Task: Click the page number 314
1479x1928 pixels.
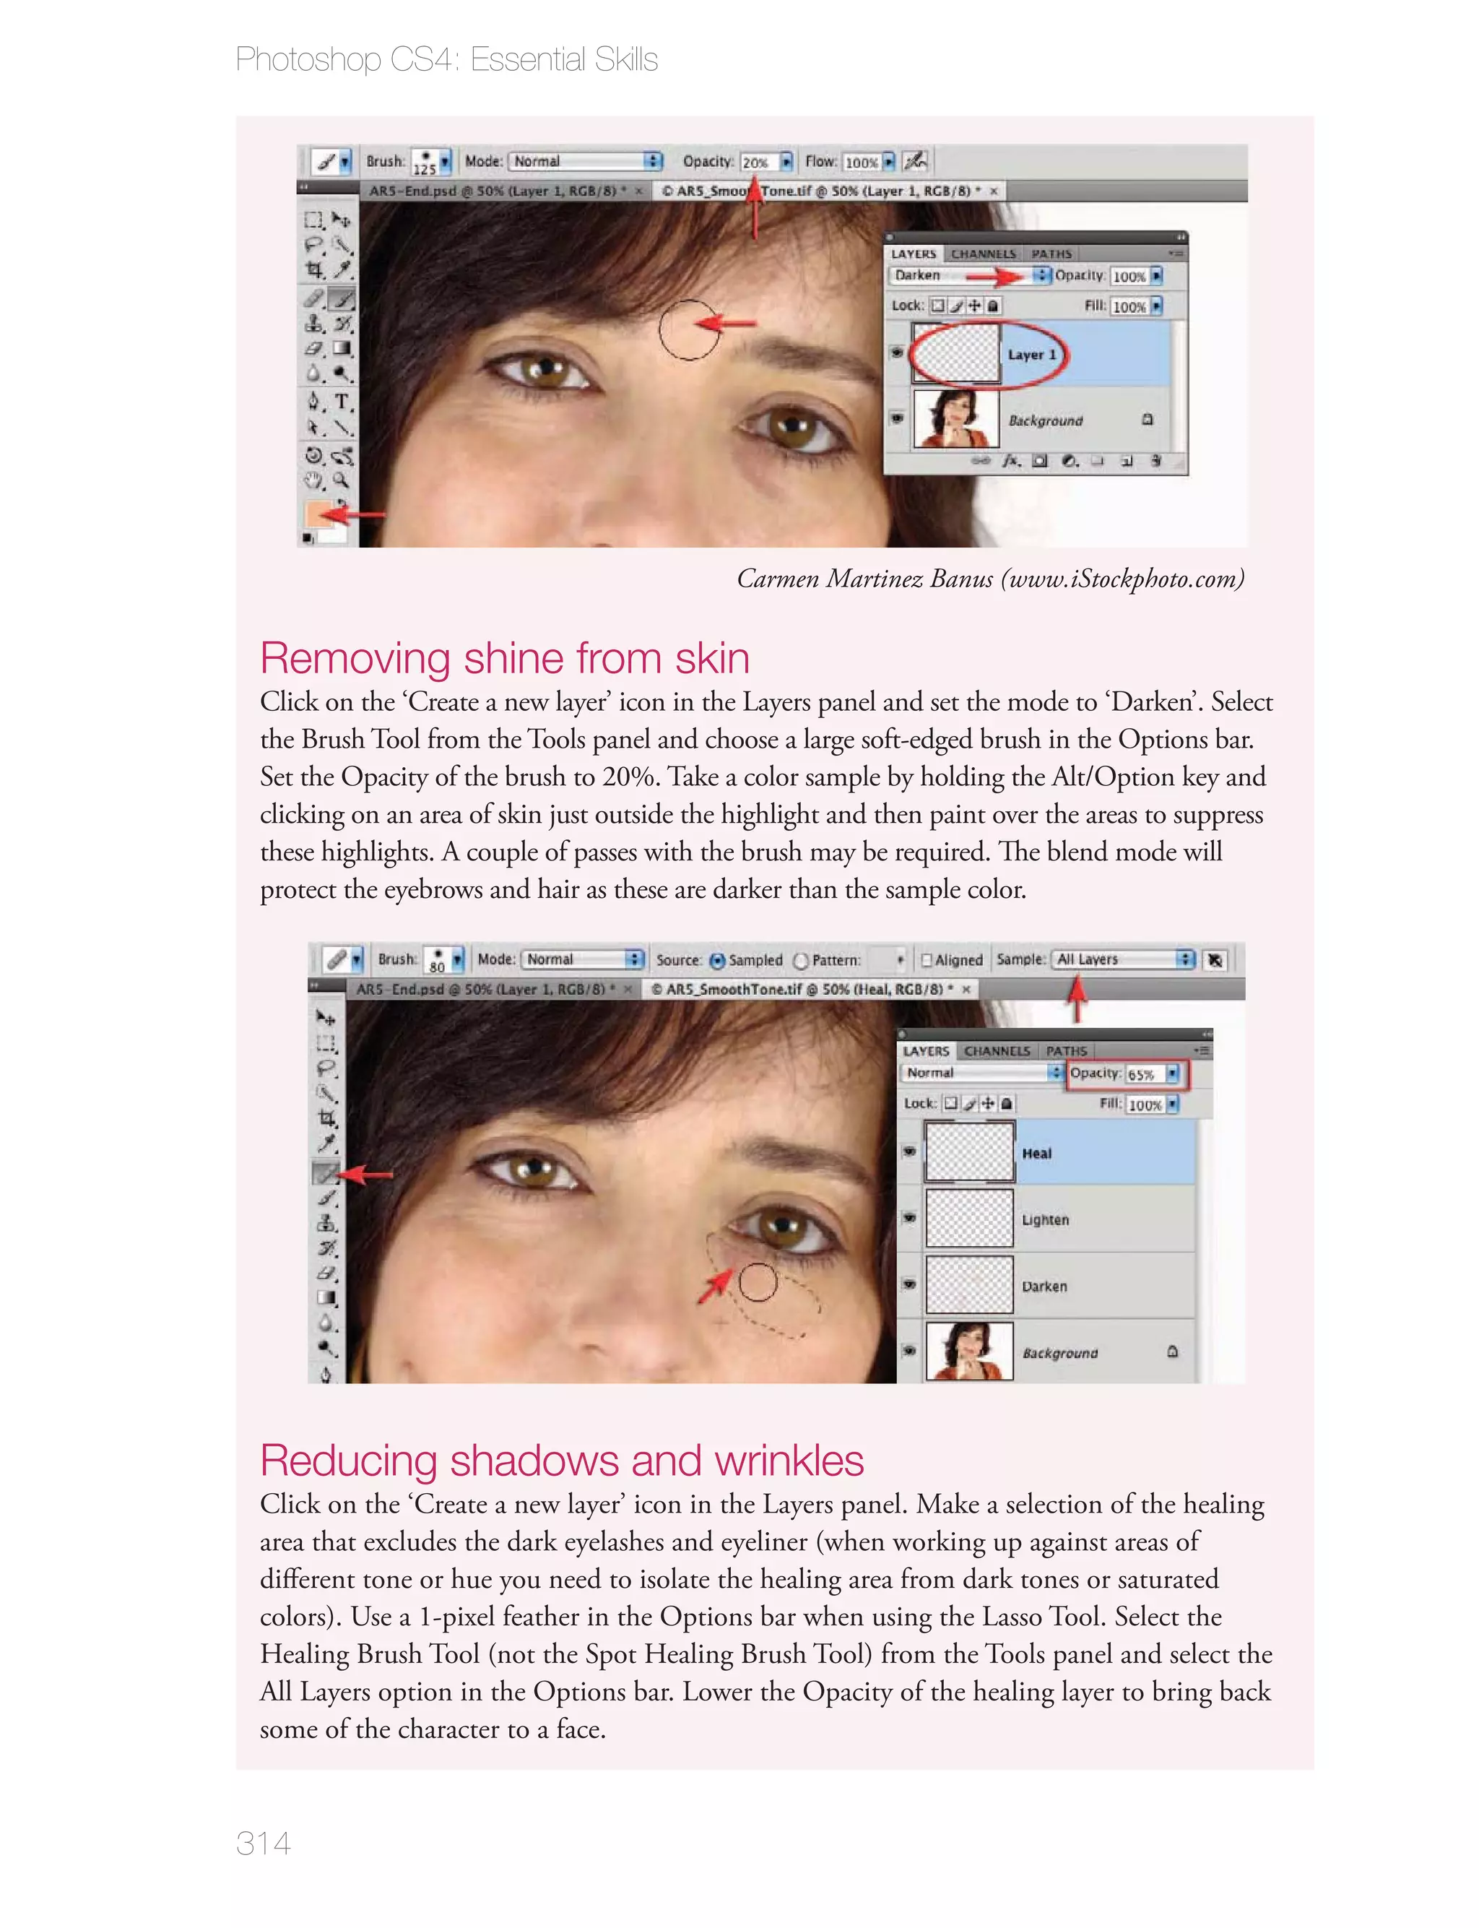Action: click(x=263, y=1843)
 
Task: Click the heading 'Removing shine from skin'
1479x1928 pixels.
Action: click(x=505, y=659)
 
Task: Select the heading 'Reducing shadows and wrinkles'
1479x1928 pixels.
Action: click(x=562, y=1461)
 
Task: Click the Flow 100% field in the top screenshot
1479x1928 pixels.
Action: click(x=862, y=162)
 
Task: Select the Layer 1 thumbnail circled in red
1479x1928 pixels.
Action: click(x=956, y=354)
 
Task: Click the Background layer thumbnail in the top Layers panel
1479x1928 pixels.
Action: click(x=956, y=419)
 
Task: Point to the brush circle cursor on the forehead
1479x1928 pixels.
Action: click(x=690, y=329)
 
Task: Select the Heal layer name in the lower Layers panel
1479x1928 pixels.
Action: click(x=1037, y=1154)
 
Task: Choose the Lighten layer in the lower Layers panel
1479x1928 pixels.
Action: click(x=1045, y=1220)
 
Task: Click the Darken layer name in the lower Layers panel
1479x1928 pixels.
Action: click(x=1044, y=1287)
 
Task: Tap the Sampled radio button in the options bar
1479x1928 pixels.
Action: click(x=718, y=961)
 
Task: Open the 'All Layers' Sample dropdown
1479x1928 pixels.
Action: click(x=1124, y=959)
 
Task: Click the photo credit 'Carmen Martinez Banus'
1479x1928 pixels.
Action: click(x=864, y=579)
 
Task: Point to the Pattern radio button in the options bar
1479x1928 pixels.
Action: click(x=801, y=961)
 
